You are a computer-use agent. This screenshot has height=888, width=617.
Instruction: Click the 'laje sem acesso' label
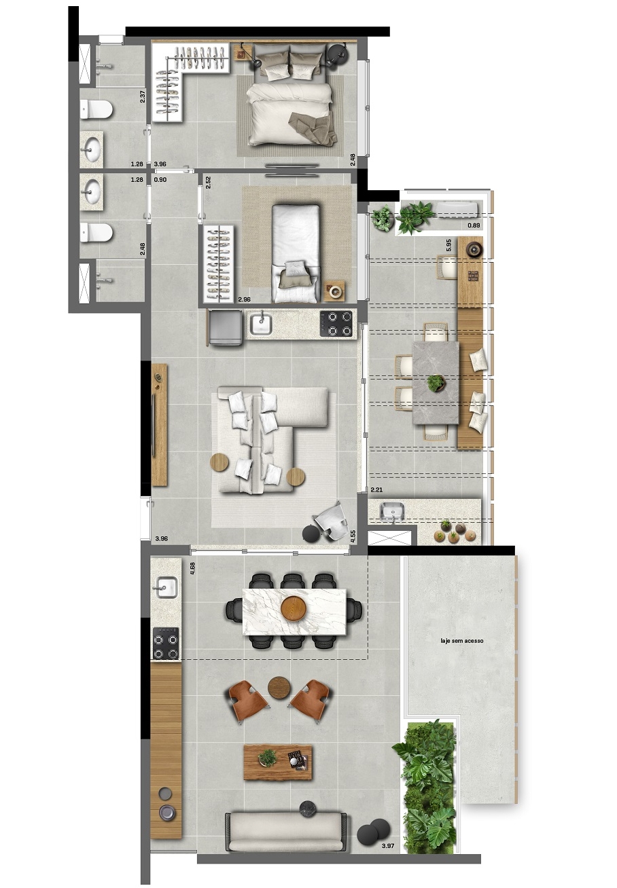click(x=462, y=640)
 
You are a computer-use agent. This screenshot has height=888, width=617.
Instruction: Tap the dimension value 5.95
click(x=448, y=245)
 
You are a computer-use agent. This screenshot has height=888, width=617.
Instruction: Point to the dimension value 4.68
click(x=192, y=568)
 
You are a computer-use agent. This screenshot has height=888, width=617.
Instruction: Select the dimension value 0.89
click(x=474, y=225)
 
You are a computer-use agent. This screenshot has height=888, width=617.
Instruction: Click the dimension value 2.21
click(x=376, y=490)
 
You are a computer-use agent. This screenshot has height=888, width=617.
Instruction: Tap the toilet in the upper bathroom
click(x=96, y=109)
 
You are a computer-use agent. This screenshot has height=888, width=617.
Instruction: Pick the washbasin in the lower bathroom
click(x=92, y=192)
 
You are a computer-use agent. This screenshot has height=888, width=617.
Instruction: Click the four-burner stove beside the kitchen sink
click(x=336, y=324)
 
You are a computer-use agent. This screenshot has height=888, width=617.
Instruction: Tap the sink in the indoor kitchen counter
click(x=261, y=324)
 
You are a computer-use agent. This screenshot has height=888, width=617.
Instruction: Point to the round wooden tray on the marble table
click(x=294, y=608)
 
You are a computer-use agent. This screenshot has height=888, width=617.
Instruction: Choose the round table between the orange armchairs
click(x=279, y=687)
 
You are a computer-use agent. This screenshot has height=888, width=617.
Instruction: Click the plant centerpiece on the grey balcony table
click(x=436, y=384)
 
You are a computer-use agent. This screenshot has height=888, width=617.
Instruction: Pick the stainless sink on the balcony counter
click(x=392, y=511)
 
